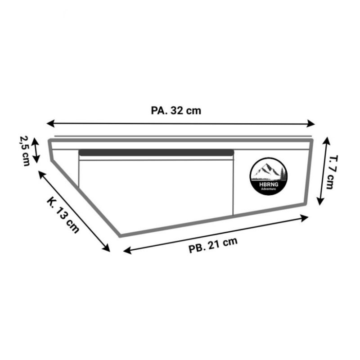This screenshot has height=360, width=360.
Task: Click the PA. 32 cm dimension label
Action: coord(176,111)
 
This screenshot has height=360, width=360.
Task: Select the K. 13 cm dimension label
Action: coord(63,214)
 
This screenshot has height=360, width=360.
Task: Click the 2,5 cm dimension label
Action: coord(25,151)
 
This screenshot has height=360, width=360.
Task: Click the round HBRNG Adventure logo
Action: coord(269,176)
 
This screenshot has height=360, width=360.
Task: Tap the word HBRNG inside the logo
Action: coord(269,184)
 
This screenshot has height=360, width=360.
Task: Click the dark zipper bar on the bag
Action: coord(156,153)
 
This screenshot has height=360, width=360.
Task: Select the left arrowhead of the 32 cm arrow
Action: coord(49,123)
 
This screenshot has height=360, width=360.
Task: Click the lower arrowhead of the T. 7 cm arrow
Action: coord(319,202)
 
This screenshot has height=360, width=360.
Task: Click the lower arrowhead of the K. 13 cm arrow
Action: coord(107,249)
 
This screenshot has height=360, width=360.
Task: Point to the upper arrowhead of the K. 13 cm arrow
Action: coord(41,174)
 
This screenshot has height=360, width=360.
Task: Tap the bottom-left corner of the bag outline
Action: coord(120,235)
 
